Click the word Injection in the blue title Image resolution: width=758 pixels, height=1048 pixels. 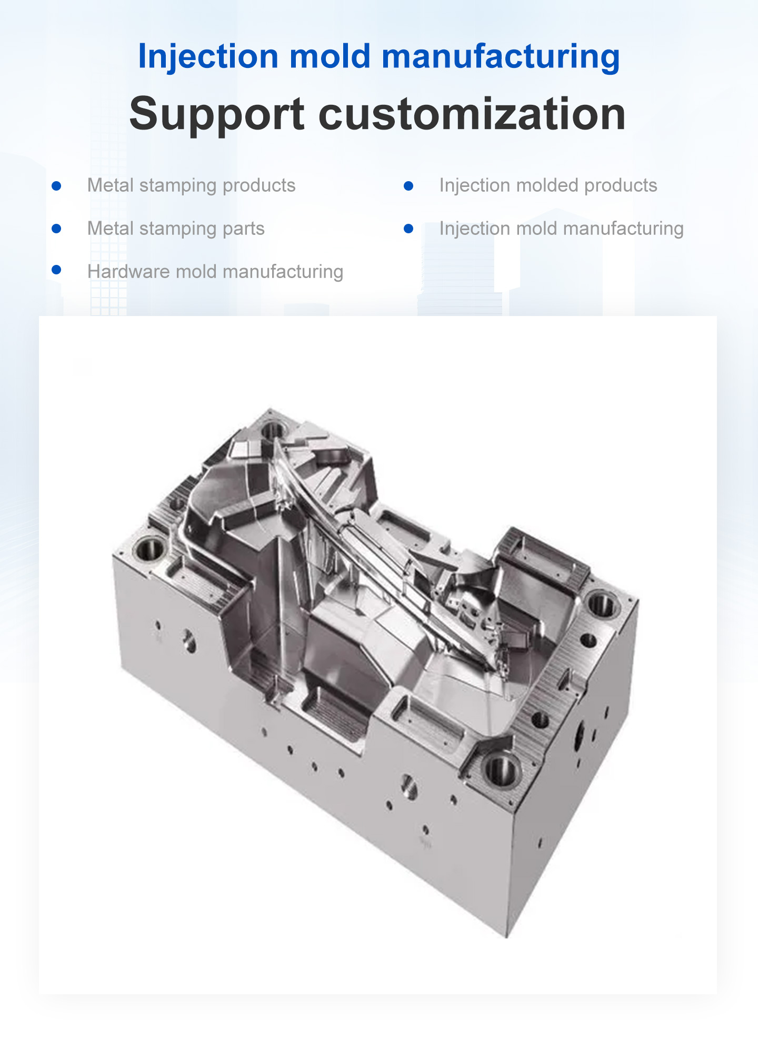[x=207, y=56]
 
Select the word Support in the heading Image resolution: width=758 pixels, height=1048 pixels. [x=216, y=114]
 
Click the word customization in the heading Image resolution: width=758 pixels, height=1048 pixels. [x=472, y=114]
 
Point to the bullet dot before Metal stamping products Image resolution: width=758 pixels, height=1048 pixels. [x=57, y=186]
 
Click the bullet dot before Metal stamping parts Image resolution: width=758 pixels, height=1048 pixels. [x=57, y=229]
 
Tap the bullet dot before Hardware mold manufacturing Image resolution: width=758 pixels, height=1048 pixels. [x=57, y=270]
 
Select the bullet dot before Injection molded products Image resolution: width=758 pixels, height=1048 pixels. [x=408, y=186]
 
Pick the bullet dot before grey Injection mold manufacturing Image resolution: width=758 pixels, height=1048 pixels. [x=408, y=229]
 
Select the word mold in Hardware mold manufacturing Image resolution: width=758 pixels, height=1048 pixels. [x=193, y=272]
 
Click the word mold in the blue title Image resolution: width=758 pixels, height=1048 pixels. [x=330, y=56]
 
